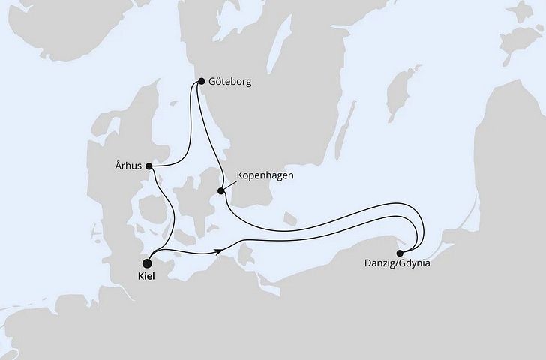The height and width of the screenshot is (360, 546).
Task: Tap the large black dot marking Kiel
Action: pyautogui.click(x=147, y=263)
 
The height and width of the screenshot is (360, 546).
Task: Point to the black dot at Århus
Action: pyautogui.click(x=149, y=166)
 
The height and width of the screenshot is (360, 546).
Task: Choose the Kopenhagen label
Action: pyautogui.click(x=265, y=175)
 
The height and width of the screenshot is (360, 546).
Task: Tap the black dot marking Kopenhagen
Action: pyautogui.click(x=221, y=190)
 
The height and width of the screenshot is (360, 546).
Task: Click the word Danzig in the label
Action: pyautogui.click(x=381, y=265)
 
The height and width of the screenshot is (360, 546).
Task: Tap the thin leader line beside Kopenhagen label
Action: pyautogui.click(x=229, y=183)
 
